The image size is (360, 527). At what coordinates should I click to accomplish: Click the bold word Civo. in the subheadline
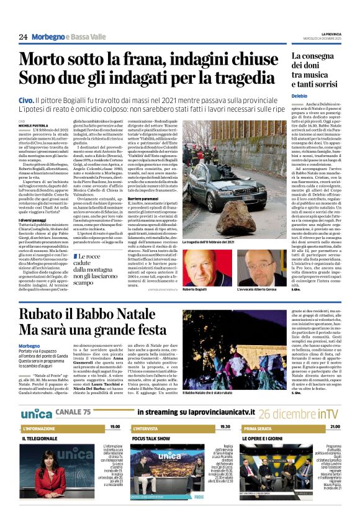pyautogui.click(x=26, y=99)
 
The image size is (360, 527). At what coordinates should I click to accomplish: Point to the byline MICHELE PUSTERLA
pyautogui.click(x=35, y=125)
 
